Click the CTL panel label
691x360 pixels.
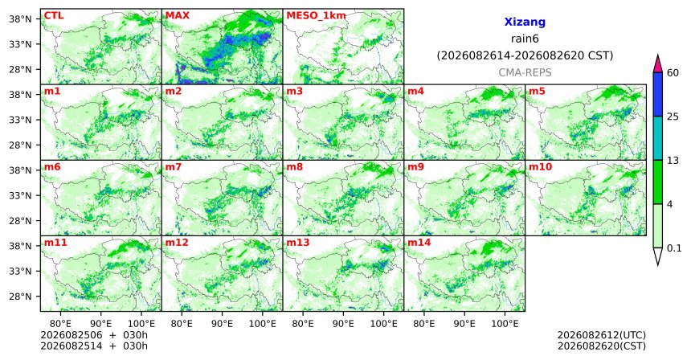(x=54, y=16)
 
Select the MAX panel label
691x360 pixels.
(x=177, y=16)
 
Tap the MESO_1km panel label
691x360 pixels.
(x=316, y=16)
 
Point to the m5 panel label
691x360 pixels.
(x=537, y=92)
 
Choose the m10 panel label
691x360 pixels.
(x=540, y=167)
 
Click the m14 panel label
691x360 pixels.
(x=419, y=243)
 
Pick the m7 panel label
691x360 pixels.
(x=174, y=167)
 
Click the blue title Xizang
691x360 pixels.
(x=525, y=22)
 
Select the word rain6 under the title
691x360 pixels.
(x=525, y=39)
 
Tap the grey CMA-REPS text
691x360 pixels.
(x=525, y=72)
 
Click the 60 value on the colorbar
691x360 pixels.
(x=673, y=73)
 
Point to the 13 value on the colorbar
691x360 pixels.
(x=673, y=161)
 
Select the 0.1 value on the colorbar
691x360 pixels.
(x=674, y=248)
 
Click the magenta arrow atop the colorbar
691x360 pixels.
(x=658, y=64)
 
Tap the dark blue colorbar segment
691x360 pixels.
(x=658, y=94)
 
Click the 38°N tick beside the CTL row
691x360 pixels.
(x=20, y=19)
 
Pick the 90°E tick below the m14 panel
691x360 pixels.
(x=464, y=325)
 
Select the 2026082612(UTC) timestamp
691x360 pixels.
(x=602, y=336)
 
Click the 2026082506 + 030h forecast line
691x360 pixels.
(x=94, y=336)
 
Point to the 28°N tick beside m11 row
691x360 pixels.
(x=20, y=297)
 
